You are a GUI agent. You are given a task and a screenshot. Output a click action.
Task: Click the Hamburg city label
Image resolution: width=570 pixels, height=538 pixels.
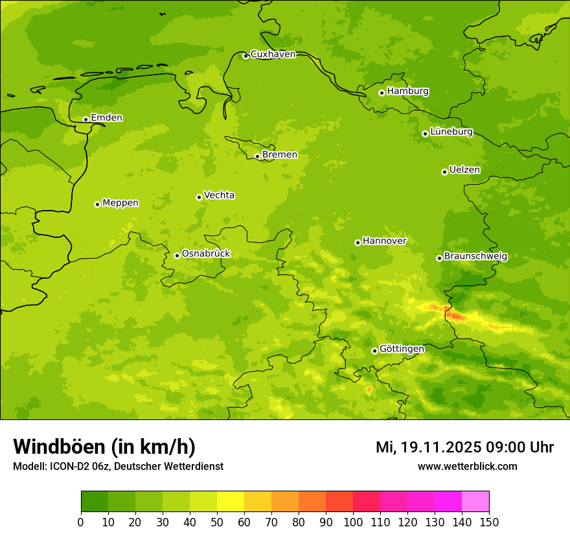pos(407,91)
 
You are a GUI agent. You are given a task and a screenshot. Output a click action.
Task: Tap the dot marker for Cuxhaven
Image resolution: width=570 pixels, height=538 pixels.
pos(245,56)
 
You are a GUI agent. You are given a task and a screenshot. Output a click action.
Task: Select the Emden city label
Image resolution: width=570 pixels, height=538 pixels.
pos(106,118)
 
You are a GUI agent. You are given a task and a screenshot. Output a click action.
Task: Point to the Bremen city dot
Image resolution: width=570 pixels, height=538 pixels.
pos(257,156)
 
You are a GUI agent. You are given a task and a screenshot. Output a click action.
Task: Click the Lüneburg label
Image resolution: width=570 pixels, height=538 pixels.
pos(451,132)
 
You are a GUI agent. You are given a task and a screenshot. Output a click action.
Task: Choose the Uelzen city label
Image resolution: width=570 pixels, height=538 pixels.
pos(464,170)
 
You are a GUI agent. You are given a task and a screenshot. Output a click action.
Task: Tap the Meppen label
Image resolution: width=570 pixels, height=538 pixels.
pos(120,203)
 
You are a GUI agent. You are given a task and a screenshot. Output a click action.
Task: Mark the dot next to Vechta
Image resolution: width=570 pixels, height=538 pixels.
pos(199,197)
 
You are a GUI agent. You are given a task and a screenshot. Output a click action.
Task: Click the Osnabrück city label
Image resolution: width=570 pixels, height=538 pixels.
pos(205,254)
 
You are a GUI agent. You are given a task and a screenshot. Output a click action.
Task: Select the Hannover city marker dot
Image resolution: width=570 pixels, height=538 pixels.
pos(358,242)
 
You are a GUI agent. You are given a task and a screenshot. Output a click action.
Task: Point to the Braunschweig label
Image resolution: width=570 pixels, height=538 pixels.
pos(475,257)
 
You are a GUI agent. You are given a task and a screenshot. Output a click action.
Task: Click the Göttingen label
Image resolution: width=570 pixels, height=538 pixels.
pos(402,349)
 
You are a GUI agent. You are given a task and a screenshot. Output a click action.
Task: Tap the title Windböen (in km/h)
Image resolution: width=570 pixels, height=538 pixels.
pos(104,447)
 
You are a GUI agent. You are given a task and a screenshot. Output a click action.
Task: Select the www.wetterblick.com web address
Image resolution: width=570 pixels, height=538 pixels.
pos(467,467)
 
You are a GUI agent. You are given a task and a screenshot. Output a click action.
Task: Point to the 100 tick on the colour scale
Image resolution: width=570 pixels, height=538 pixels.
pos(353,522)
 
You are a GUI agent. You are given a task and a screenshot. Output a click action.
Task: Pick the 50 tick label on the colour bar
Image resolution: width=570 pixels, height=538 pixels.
pos(217,522)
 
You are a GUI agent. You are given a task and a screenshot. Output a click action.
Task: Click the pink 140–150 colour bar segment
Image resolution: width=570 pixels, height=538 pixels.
pos(475,502)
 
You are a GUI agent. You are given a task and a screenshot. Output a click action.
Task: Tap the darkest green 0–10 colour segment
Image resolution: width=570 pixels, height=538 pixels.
pos(95,502)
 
